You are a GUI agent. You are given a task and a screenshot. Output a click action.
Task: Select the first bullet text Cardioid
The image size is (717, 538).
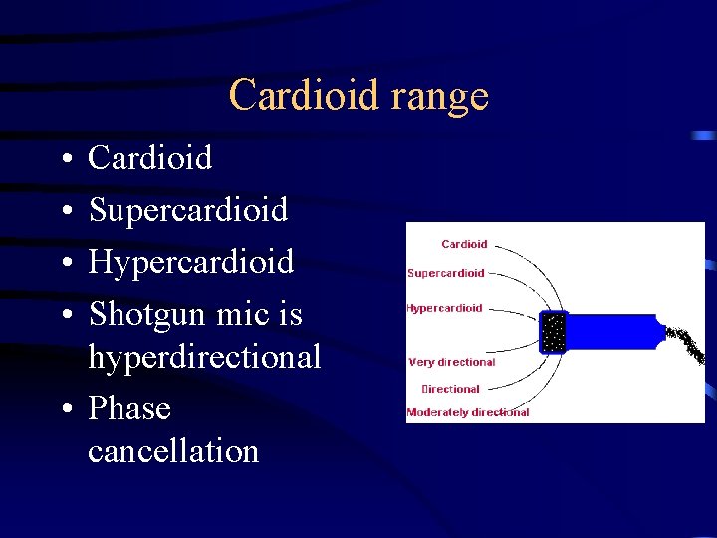(x=150, y=157)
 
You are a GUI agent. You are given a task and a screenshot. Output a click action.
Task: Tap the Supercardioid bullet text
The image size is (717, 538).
(x=188, y=210)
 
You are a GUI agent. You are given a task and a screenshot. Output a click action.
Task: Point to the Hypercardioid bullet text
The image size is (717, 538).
(x=191, y=262)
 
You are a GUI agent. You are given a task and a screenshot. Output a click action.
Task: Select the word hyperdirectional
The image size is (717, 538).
(x=204, y=356)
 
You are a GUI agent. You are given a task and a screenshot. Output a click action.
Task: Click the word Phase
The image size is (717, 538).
(x=129, y=408)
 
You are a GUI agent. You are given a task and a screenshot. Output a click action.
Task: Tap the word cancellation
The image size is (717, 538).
(x=173, y=450)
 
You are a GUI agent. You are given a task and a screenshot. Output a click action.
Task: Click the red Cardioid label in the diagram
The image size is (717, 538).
(x=464, y=244)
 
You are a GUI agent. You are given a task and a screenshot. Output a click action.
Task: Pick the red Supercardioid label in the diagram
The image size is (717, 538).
(x=446, y=273)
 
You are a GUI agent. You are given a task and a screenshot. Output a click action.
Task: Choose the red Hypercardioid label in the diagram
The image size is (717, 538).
(x=444, y=308)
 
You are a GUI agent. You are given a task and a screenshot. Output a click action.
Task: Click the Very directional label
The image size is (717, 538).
(x=452, y=362)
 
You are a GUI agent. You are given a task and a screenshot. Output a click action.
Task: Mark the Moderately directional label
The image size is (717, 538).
(x=468, y=412)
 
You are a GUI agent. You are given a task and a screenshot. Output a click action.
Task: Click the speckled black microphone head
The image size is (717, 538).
(x=553, y=332)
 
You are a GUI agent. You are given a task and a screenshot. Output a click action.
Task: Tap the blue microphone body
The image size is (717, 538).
(x=612, y=331)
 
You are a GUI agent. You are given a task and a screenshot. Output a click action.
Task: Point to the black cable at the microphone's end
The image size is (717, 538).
(x=686, y=343)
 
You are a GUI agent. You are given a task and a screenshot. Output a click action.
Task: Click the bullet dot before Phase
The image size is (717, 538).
(x=63, y=409)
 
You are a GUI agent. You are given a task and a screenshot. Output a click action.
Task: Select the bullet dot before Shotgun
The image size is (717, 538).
(x=63, y=316)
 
